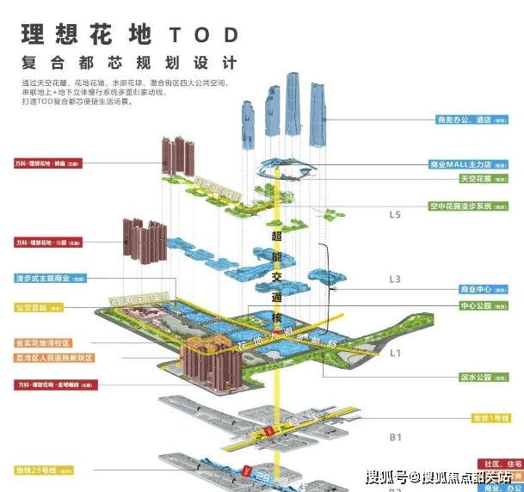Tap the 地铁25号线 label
click(41, 470)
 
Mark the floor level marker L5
click(396, 214)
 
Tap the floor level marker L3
click(396, 279)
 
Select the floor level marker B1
click(396, 438)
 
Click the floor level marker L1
click(396, 353)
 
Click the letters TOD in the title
click(203, 34)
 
